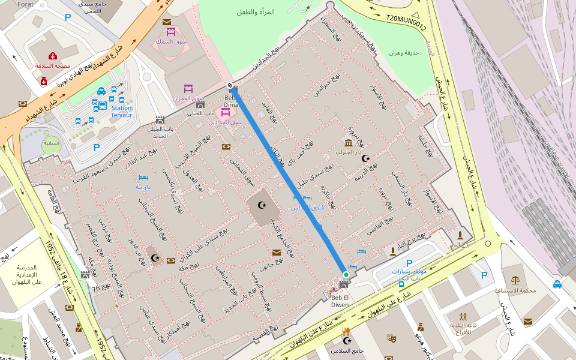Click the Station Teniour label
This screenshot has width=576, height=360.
(121, 112)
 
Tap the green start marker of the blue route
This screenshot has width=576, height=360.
(346, 275)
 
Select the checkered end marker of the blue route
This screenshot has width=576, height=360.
(230, 85)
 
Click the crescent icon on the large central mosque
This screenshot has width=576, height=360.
(262, 205)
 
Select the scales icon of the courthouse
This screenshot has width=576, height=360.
(515, 280)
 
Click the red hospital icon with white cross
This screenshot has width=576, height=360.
(53, 56)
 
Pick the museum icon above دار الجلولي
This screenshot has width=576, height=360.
(349, 142)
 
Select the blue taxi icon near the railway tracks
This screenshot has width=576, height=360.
(557, 284)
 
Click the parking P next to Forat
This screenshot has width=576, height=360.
(67, 17)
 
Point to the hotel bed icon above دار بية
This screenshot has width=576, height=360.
(143, 178)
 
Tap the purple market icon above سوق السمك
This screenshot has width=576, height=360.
(170, 32)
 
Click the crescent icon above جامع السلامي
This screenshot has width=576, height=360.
(346, 341)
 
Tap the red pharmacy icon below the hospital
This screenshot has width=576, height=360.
(44, 80)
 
